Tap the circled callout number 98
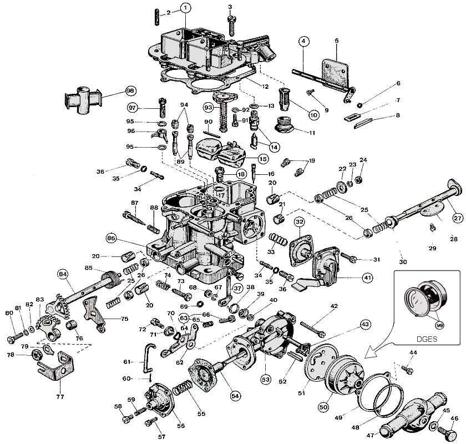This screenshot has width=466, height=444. tap(130, 90)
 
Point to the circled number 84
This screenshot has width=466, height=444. tap(63, 274)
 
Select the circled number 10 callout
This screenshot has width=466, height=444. tap(313, 115)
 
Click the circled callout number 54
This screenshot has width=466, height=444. tap(235, 396)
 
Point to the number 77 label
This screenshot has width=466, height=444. tap(59, 397)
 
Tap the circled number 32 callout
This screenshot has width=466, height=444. tap(299, 223)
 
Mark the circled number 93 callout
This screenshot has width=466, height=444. tap(208, 107)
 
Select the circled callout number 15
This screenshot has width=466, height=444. tap(262, 159)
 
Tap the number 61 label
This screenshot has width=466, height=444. tap(126, 362)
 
